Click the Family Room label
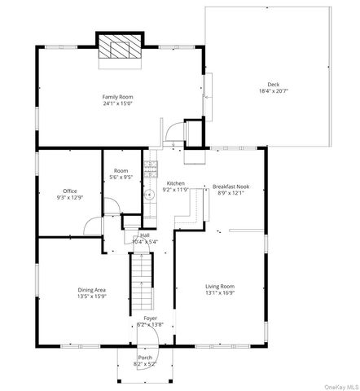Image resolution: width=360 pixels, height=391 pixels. pyautogui.click(x=118, y=96)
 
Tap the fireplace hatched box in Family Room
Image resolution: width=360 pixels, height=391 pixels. pyautogui.click(x=119, y=48)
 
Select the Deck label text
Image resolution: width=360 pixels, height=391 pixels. pyautogui.click(x=274, y=85)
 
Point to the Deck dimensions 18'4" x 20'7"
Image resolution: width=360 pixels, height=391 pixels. pyautogui.click(x=274, y=91)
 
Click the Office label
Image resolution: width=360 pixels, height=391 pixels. pyautogui.click(x=70, y=191)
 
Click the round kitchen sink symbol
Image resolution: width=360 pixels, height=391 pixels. pyautogui.click(x=150, y=195)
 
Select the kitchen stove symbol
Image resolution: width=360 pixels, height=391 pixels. pyautogui.click(x=150, y=169)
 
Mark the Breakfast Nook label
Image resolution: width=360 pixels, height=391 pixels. pyautogui.click(x=231, y=187)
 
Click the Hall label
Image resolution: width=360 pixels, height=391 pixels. pyautogui.click(x=144, y=235)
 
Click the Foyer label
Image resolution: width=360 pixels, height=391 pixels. pyautogui.click(x=151, y=318)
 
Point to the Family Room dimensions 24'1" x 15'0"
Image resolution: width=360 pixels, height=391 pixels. pyautogui.click(x=118, y=103)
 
